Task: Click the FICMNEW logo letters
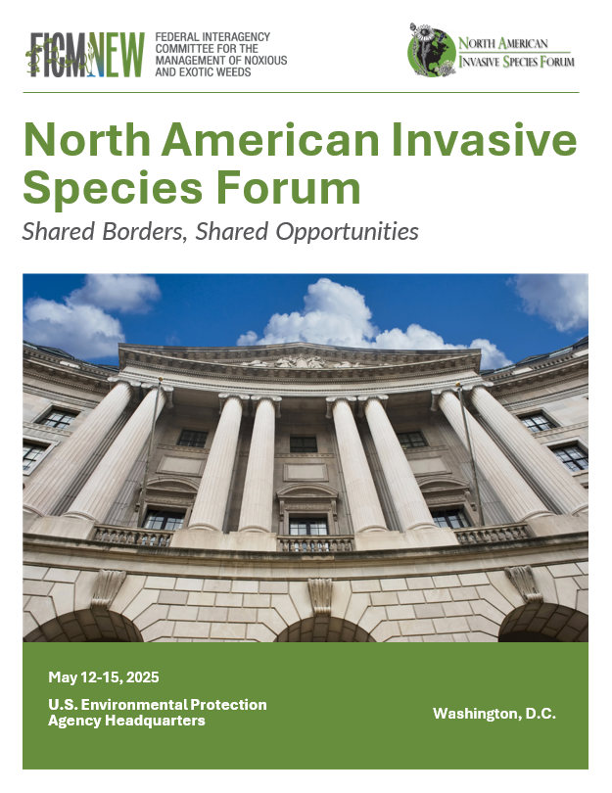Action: (x=85, y=55)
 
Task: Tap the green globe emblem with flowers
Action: (x=432, y=51)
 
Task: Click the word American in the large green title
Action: (x=270, y=140)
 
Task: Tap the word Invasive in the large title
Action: (x=484, y=140)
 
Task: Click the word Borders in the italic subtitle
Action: (x=143, y=232)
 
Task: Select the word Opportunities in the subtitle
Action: (x=347, y=233)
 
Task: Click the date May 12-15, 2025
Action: (x=104, y=677)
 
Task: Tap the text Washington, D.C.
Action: (x=494, y=714)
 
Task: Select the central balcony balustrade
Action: (x=315, y=544)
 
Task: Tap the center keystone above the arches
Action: (x=320, y=595)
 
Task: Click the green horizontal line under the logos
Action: (x=301, y=93)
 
